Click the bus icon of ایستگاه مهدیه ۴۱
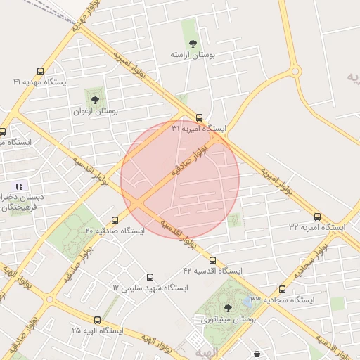[40, 71]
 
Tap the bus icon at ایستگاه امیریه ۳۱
[200, 117]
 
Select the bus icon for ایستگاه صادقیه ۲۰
[115, 219]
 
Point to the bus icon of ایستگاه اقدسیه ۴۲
[212, 259]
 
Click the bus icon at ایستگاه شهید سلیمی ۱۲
[149, 277]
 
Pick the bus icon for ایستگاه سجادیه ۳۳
[282, 289]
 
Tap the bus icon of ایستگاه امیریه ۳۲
[317, 217]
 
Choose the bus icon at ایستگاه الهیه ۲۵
[97, 320]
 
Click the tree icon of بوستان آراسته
[193, 43]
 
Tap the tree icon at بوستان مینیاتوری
[227, 307]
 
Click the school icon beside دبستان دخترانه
[20, 186]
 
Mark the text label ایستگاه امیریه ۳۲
[317, 228]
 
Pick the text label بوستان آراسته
[193, 54]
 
